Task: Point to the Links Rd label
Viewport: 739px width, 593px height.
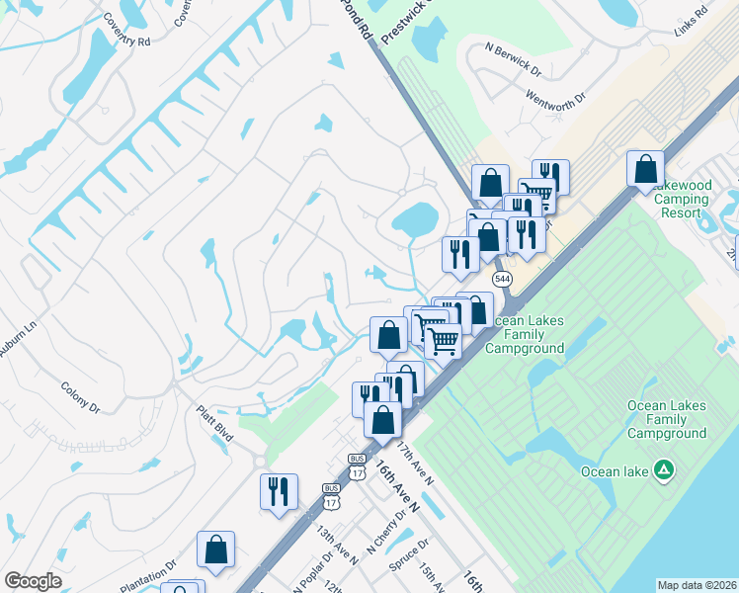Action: coord(688,26)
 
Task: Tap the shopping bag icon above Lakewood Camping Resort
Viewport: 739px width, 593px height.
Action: coord(645,168)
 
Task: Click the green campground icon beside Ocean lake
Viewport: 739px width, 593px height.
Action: coord(666,470)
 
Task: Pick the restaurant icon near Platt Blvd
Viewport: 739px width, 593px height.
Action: coord(279,491)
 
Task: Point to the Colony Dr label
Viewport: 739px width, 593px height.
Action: coord(80,397)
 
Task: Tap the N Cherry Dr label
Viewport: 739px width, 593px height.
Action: coord(387,531)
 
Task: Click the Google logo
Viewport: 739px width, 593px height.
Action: coord(34,580)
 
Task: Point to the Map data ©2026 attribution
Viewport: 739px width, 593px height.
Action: coord(697,585)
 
